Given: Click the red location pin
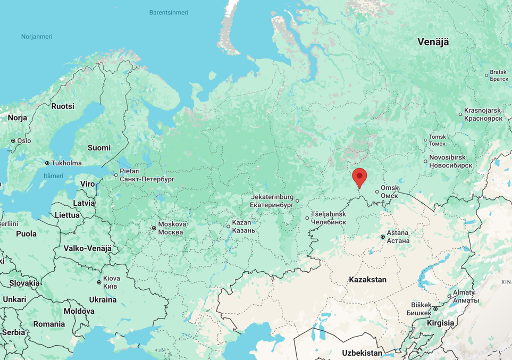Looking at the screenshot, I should (x=359, y=177).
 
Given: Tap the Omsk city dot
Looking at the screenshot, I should (x=377, y=192).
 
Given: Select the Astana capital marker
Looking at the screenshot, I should (x=383, y=237).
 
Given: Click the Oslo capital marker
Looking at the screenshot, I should (x=13, y=141).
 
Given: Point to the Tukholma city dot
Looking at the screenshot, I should (x=47, y=163).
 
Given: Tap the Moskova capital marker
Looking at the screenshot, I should (x=154, y=228).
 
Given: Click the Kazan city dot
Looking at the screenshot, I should (x=229, y=227).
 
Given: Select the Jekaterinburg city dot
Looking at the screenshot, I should (x=298, y=201).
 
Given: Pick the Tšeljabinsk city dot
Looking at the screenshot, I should (x=307, y=218).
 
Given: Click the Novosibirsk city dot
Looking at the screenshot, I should (x=425, y=161).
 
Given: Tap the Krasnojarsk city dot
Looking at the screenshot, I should (x=460, y=114).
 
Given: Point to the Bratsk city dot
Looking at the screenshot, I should (x=486, y=76).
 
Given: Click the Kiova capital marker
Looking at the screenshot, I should (x=99, y=282).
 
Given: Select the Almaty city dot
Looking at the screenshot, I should (x=449, y=296).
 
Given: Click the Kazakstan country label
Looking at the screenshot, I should (x=367, y=280).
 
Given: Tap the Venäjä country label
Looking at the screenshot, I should (x=433, y=42).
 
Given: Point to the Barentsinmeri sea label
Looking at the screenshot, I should (x=169, y=12).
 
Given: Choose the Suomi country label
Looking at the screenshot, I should (x=99, y=148).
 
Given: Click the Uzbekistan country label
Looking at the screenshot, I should (x=362, y=353).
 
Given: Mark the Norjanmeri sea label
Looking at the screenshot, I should (x=37, y=37).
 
